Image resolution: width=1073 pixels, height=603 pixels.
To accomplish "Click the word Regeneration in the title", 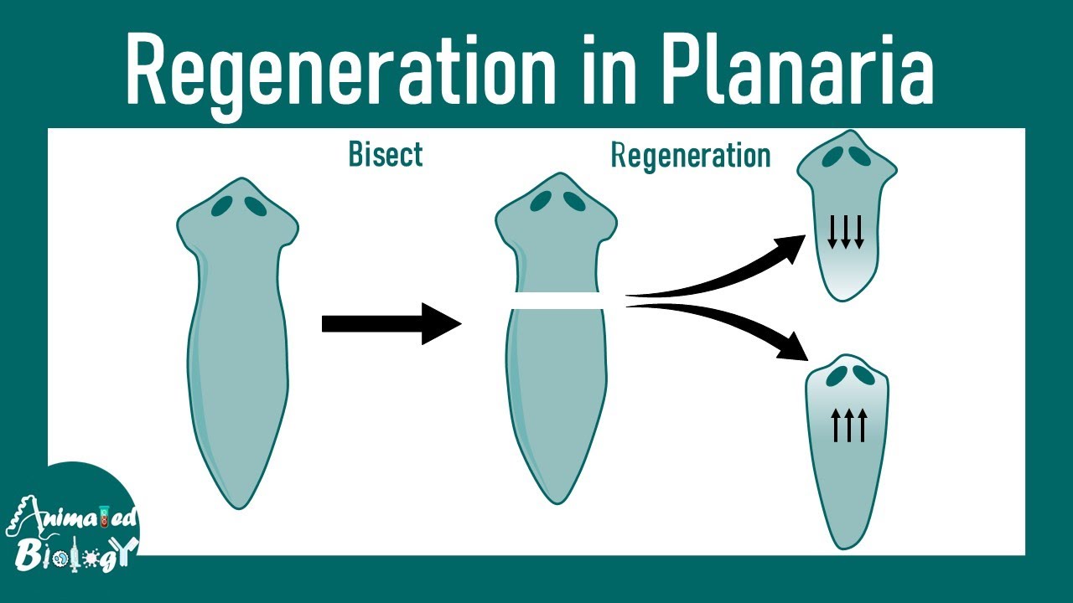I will [335, 71].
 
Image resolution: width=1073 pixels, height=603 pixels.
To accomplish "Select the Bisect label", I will [385, 155].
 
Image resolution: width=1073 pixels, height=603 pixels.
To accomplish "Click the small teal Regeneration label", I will [690, 156].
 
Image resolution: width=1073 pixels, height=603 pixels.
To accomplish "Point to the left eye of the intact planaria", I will [222, 205].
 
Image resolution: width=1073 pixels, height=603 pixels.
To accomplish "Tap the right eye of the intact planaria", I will [256, 205].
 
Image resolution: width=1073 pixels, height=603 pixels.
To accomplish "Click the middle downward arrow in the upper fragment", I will [845, 231].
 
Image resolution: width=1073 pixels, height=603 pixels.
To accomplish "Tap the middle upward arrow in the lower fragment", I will [848, 425].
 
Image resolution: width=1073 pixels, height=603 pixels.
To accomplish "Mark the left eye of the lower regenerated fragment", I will [835, 377].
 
